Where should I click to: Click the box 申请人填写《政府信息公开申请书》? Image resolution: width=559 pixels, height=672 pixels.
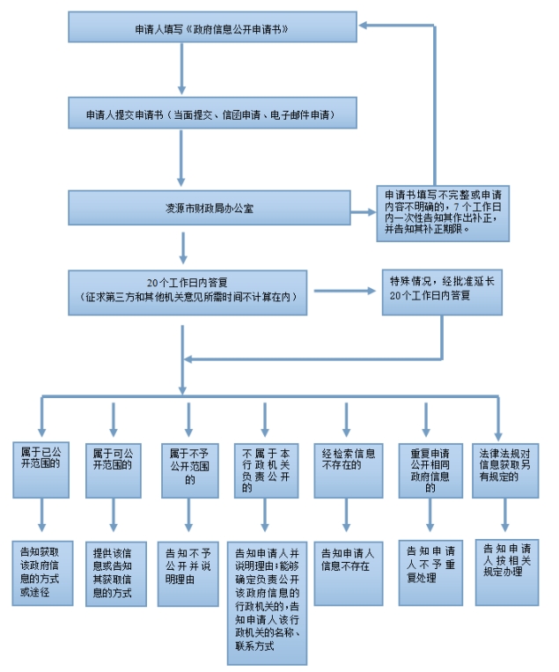pos(212,27)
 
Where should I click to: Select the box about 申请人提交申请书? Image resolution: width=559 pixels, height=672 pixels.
pos(212,113)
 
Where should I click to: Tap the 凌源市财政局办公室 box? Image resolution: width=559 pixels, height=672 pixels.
pos(210,208)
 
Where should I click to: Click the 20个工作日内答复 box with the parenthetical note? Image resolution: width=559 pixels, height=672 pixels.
pos(188,292)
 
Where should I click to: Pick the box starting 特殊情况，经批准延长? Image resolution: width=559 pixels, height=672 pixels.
pos(442,292)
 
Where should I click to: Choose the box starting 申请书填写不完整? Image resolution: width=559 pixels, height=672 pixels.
pos(443,213)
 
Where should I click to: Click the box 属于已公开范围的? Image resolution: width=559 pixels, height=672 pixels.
pos(40,470)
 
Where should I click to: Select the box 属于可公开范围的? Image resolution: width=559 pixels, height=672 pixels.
pos(114,470)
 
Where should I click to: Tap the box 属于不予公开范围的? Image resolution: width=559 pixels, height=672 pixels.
pos(190,470)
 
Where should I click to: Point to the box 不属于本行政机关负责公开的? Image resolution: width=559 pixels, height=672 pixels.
pos(266,470)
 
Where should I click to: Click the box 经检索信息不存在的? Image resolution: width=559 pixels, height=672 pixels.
pos(349,470)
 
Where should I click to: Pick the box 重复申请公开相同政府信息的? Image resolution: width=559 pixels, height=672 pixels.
pos(430,470)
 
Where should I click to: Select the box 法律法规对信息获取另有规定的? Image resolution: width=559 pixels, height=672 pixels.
pos(505,470)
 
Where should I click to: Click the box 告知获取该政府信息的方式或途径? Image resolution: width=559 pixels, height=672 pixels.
pos(42,573)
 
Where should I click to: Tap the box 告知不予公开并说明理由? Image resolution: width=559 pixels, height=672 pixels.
pos(188,574)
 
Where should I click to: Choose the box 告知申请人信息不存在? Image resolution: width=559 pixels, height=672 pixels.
pos(349,573)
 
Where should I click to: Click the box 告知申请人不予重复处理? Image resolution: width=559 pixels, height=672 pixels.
pos(430,572)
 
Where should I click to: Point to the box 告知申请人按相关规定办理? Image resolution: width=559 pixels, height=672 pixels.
pos(507,572)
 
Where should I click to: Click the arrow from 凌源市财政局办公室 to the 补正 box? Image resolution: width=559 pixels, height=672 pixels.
pos(364,212)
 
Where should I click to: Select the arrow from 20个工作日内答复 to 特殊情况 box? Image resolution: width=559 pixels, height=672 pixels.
pos(345,291)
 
